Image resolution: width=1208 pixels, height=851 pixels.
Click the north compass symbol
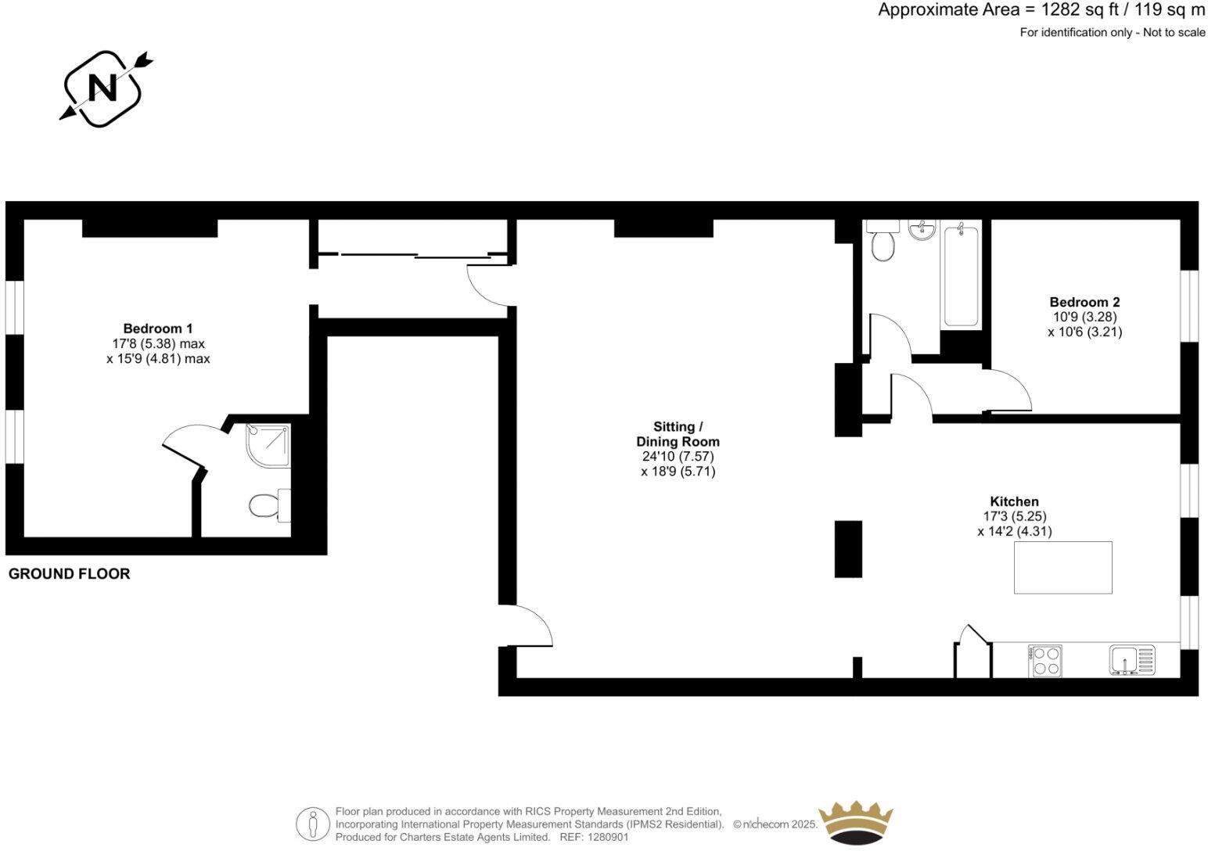click(x=102, y=88)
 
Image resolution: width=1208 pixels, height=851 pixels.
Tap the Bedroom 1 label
click(x=157, y=329)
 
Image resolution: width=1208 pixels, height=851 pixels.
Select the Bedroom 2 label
click(x=1084, y=302)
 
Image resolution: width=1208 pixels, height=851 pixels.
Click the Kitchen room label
click(x=1014, y=501)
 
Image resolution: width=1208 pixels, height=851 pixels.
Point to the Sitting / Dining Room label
click(x=678, y=434)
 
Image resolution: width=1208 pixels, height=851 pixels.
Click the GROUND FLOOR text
click(x=69, y=574)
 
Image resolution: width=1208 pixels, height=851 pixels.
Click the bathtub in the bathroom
click(x=960, y=275)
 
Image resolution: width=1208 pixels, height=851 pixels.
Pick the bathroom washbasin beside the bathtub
click(x=922, y=230)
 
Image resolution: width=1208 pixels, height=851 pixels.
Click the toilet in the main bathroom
click(x=883, y=244)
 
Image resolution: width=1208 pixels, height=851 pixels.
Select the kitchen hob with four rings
click(x=1044, y=660)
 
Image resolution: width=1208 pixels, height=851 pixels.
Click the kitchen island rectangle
click(x=1062, y=567)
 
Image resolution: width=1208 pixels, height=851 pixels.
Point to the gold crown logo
click(x=854, y=822)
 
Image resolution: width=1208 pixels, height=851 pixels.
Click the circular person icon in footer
click(x=313, y=824)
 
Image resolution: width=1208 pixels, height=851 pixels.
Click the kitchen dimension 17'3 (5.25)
click(x=1014, y=516)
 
